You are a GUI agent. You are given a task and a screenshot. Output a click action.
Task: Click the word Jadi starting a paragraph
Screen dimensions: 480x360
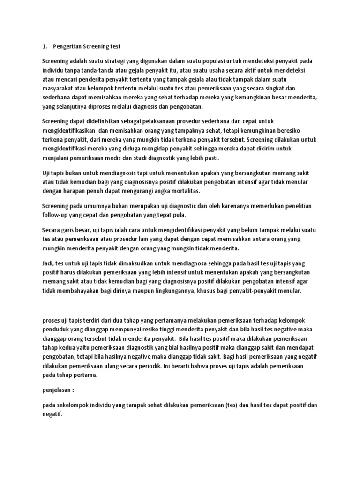pos(48,264)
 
